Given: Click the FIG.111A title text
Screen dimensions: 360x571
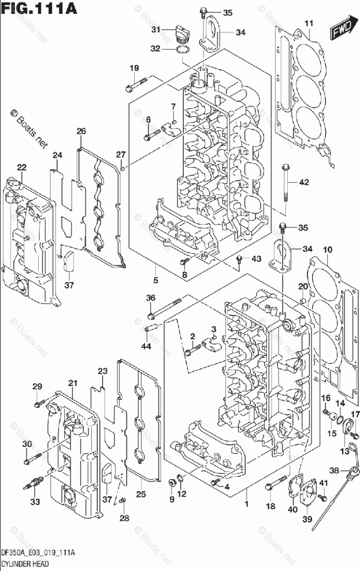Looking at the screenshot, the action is click(x=39, y=8).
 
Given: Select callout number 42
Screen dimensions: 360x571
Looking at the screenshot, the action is click(x=303, y=181).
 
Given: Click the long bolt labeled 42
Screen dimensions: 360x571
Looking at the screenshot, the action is click(x=285, y=183).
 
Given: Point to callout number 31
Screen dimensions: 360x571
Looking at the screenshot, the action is click(x=156, y=29).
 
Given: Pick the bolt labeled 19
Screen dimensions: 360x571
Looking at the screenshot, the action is click(x=136, y=84).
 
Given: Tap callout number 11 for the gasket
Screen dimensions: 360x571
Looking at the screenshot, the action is click(x=309, y=24).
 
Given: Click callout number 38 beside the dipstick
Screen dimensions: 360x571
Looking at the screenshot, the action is click(x=334, y=470).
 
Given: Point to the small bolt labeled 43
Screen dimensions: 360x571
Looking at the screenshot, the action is click(x=239, y=259).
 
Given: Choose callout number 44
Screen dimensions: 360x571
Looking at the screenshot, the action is click(x=146, y=346).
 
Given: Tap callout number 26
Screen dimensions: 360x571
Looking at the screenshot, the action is click(x=81, y=131).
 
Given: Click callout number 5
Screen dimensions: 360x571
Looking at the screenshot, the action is click(x=156, y=280).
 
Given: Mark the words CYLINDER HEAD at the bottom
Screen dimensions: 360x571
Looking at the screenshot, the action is click(x=25, y=564).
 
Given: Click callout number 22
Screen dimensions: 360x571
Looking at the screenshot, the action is click(x=22, y=167).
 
